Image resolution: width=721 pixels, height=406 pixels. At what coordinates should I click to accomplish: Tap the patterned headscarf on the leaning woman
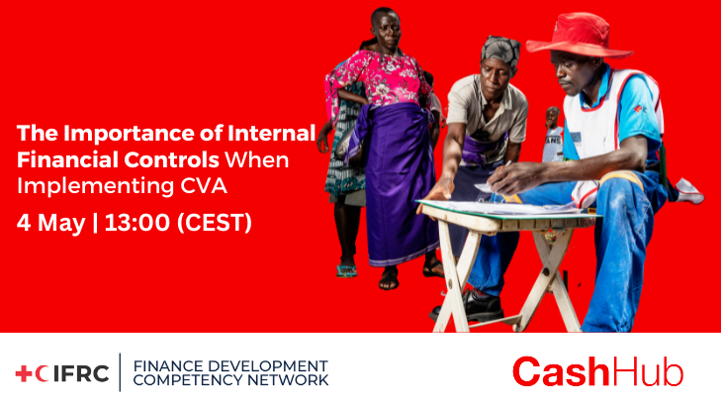(500, 50)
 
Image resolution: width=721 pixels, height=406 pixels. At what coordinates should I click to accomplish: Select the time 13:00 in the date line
(137, 223)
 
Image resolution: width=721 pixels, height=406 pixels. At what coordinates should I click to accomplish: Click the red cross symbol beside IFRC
(24, 373)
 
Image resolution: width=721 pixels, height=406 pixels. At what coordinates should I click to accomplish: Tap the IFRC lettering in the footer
(81, 373)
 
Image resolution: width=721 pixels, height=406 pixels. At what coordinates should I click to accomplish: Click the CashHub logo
(597, 371)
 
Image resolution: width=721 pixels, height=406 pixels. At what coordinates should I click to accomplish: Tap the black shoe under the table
(468, 306)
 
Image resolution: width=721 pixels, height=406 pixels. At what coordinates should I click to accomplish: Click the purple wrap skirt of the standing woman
(394, 184)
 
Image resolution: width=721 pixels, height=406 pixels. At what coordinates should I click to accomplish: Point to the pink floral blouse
(377, 78)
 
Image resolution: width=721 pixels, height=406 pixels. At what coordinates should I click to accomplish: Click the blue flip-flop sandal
(346, 270)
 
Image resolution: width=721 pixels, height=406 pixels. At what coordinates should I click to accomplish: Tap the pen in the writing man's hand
(506, 163)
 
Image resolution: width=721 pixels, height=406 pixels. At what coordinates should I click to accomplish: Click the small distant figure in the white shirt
(553, 135)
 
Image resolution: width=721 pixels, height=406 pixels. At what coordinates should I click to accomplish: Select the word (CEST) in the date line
(215, 223)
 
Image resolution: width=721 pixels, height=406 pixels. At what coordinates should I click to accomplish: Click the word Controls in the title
(171, 160)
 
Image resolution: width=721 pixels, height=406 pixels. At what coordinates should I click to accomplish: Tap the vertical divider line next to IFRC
(121, 372)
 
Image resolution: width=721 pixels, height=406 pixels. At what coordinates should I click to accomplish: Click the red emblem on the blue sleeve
(638, 109)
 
